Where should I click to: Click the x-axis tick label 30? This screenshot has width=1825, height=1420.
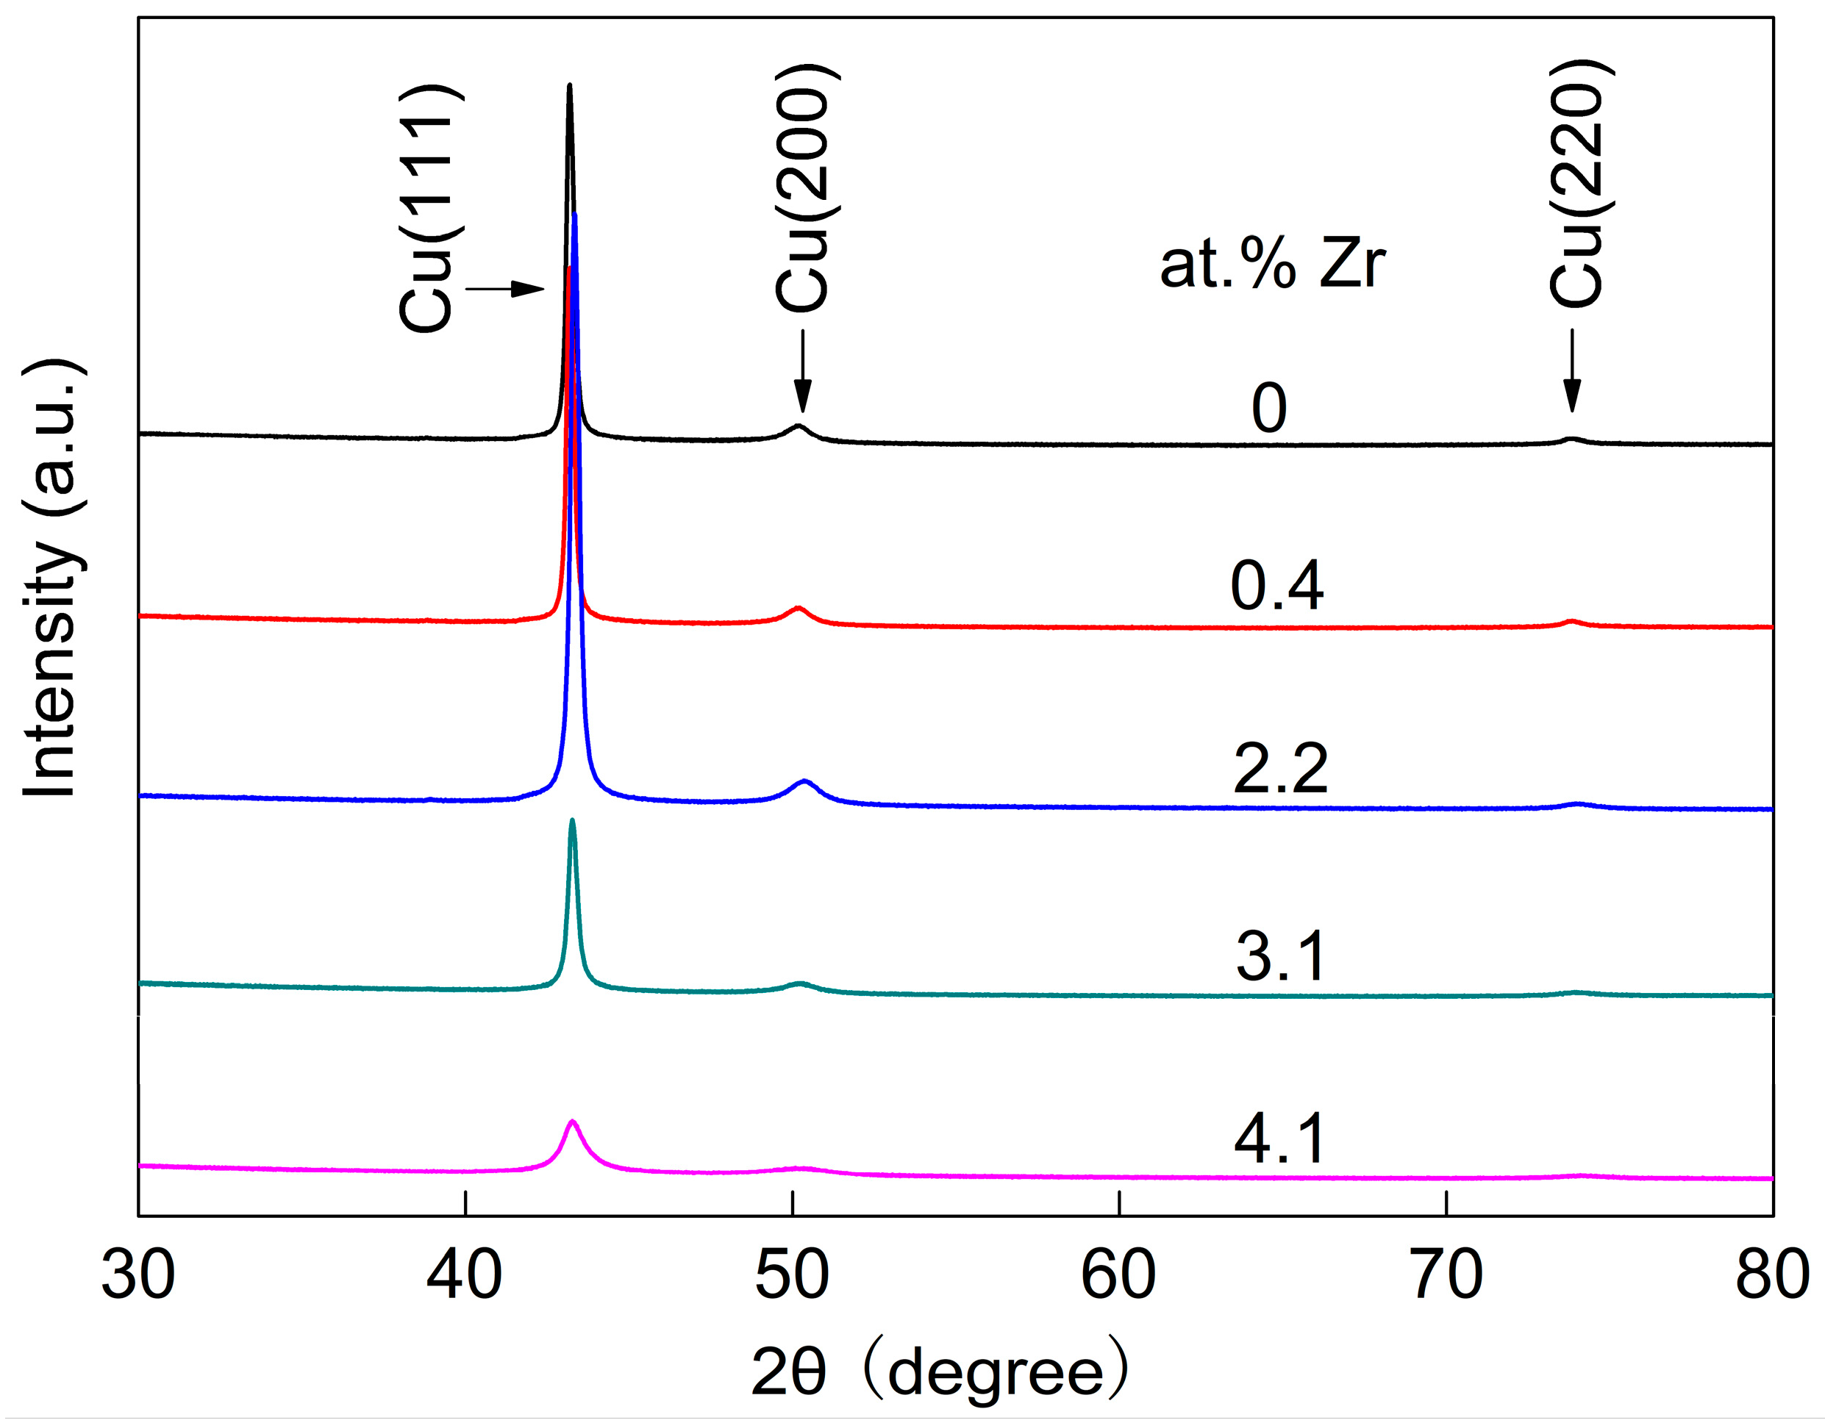tap(138, 1277)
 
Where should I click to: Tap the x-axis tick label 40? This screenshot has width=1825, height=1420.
tap(465, 1277)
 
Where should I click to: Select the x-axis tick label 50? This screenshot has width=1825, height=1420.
tap(791, 1277)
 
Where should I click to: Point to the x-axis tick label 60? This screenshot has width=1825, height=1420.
tap(1118, 1277)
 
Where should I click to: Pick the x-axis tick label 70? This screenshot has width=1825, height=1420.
tap(1446, 1277)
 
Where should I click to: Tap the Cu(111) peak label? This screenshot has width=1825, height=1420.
tap(428, 209)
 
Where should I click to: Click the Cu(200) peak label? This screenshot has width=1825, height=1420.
tap(804, 189)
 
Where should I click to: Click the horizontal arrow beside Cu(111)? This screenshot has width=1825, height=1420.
tap(504, 289)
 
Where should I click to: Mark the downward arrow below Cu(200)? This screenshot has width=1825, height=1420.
tap(802, 371)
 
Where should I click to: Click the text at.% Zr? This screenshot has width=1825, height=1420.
tap(1272, 265)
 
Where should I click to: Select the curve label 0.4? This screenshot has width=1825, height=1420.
tap(1276, 587)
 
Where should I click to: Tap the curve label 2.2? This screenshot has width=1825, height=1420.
tap(1279, 770)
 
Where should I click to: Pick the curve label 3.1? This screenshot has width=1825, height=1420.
tap(1279, 956)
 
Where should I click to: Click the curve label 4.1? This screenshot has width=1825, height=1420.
tap(1279, 1138)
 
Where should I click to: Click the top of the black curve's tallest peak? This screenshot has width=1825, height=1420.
tap(569, 85)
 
